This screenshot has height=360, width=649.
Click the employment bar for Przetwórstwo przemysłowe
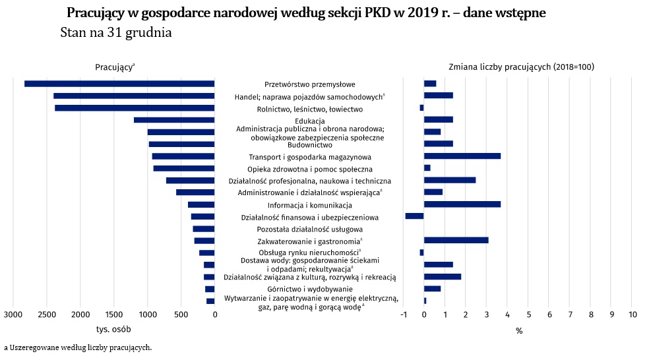119,84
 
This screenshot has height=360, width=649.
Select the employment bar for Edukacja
174,120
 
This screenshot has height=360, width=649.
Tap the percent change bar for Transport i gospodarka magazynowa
462,156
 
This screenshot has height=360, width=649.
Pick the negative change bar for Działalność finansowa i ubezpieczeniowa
414,216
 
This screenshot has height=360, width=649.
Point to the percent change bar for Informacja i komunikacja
462,204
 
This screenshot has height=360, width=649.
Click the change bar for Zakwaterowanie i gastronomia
456,241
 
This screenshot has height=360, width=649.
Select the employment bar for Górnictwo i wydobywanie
210,289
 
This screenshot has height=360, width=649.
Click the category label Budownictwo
310,145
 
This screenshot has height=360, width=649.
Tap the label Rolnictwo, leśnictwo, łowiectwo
310,109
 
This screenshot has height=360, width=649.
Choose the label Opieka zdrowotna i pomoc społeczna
310,169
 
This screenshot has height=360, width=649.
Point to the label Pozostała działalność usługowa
310,229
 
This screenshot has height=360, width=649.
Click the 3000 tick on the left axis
13,315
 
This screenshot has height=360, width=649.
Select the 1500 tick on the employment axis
114,315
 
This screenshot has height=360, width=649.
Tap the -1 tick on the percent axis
404,315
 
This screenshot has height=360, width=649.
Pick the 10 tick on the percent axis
633,315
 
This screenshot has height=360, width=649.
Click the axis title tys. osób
113,330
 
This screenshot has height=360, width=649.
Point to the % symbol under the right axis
519,331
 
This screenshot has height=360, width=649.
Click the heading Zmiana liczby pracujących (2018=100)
522,67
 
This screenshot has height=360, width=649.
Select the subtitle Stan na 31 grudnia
116,33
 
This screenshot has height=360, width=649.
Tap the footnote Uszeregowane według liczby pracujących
80,347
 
